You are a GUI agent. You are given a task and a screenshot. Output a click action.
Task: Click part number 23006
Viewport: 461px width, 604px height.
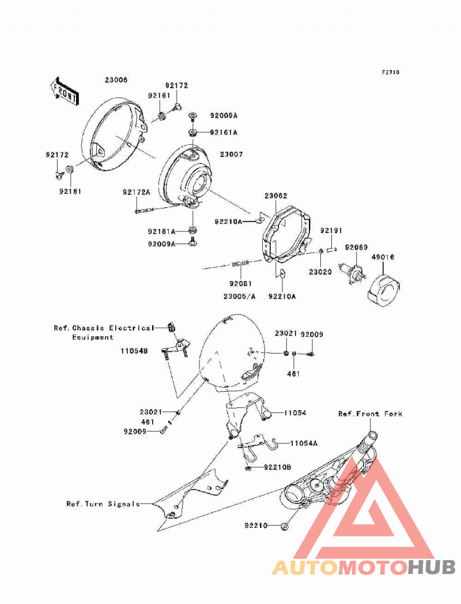pyautogui.click(x=116, y=80)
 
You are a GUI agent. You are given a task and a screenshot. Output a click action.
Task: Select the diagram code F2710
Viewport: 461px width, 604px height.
pyautogui.click(x=390, y=72)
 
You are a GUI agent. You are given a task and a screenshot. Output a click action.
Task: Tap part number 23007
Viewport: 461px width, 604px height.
pyautogui.click(x=231, y=154)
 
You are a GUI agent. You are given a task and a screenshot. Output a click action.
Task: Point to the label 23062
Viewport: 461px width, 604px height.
pyautogui.click(x=275, y=196)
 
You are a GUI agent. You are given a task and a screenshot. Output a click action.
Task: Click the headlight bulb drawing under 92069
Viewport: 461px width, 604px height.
pyautogui.click(x=353, y=273)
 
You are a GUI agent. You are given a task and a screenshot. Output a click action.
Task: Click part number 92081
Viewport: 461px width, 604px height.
pyautogui.click(x=240, y=283)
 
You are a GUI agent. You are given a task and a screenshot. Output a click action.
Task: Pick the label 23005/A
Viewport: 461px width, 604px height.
pyautogui.click(x=239, y=297)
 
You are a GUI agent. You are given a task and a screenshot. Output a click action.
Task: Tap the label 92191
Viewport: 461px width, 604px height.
pyautogui.click(x=331, y=230)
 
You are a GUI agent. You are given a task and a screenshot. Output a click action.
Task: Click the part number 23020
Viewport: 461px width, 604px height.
pyautogui.click(x=320, y=272)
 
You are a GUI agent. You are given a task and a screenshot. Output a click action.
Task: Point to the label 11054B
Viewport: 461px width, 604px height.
pyautogui.click(x=134, y=351)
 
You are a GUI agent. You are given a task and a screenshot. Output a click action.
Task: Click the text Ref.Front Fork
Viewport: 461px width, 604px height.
pyautogui.click(x=370, y=414)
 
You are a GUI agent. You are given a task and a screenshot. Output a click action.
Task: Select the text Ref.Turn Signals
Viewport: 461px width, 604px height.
pyautogui.click(x=103, y=504)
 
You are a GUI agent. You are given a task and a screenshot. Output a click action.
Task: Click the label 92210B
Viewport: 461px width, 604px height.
pyautogui.click(x=277, y=467)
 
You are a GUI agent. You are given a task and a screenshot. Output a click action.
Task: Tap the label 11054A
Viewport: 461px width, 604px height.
pyautogui.click(x=304, y=444)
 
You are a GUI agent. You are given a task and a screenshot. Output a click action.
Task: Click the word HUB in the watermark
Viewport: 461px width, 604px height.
pyautogui.click(x=432, y=568)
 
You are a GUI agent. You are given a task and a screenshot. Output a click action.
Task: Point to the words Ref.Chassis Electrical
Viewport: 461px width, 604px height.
pyautogui.click(x=104, y=328)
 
